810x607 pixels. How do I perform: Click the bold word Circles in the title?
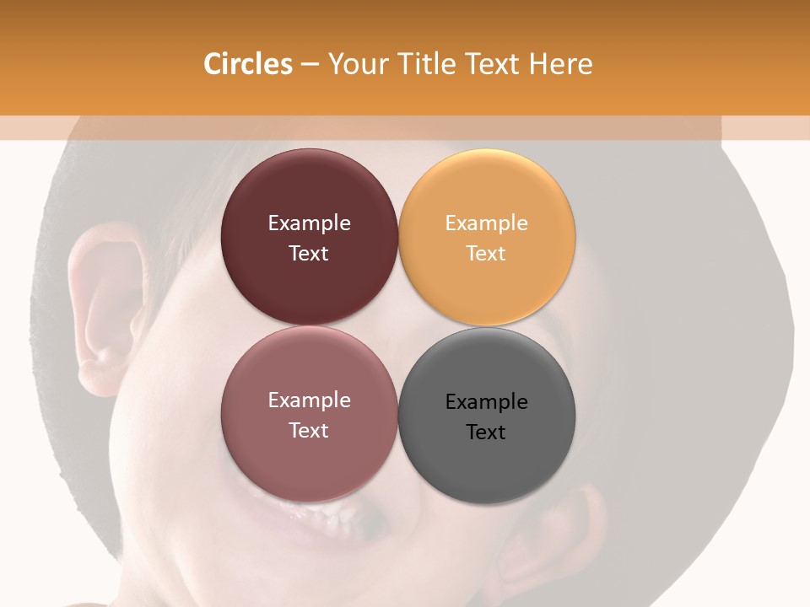click(x=247, y=64)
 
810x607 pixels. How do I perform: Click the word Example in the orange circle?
click(x=487, y=223)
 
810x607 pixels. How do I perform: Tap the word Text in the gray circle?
click(x=486, y=432)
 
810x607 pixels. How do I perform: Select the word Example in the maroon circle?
click(x=310, y=223)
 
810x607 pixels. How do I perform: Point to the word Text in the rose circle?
click(x=309, y=431)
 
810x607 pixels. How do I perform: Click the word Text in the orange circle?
click(x=486, y=254)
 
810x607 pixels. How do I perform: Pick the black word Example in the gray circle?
click(x=487, y=402)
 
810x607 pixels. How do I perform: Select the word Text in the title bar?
click(x=494, y=64)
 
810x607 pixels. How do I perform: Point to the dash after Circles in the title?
click(x=310, y=65)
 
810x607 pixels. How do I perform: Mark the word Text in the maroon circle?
click(x=309, y=254)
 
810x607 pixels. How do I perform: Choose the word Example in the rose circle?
click(x=310, y=400)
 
